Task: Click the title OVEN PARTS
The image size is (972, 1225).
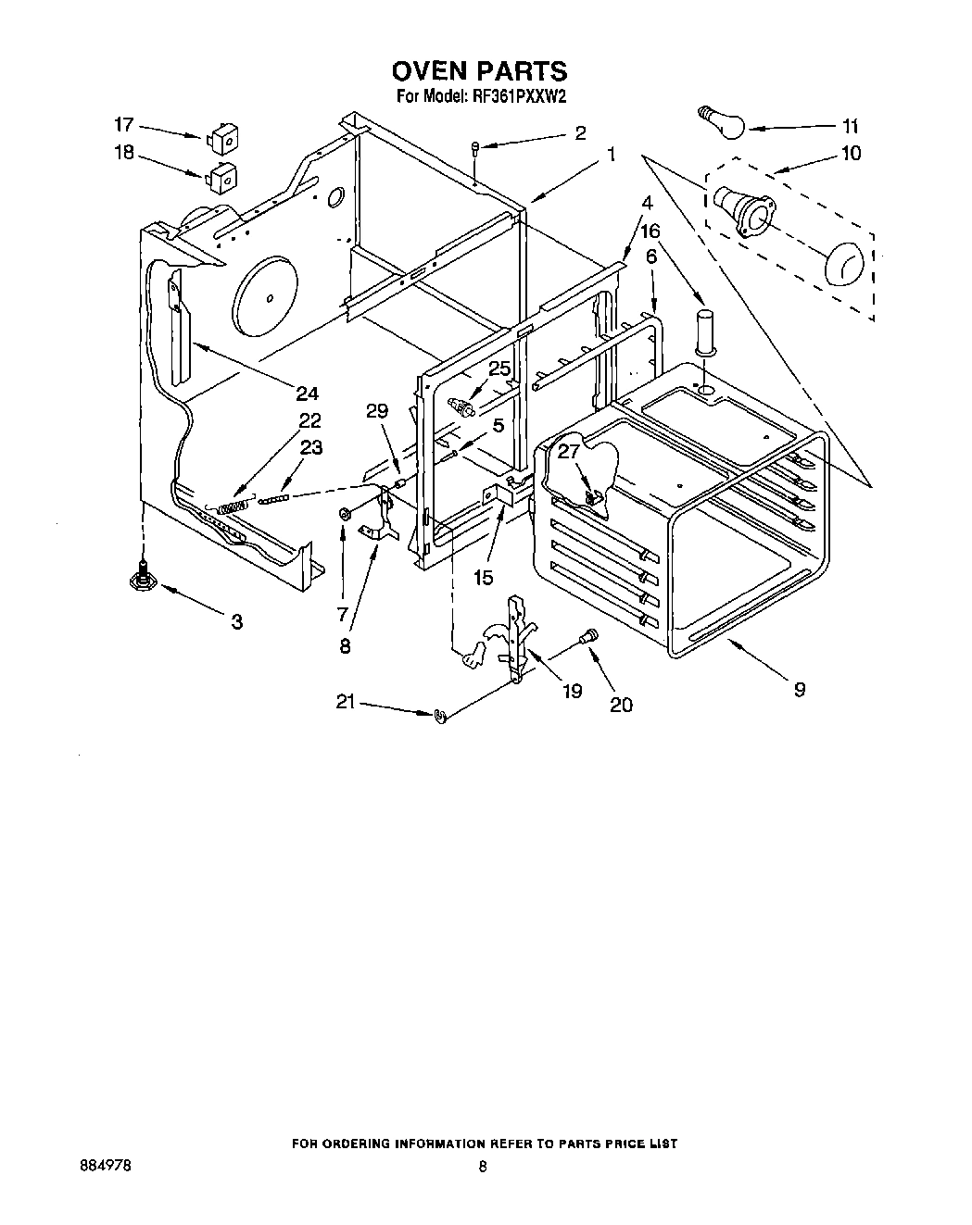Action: pos(479,71)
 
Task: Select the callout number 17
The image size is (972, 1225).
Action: pos(123,124)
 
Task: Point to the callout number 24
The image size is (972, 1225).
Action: pos(307,393)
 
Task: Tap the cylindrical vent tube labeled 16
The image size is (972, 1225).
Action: pos(706,331)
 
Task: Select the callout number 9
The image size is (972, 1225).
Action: pos(799,689)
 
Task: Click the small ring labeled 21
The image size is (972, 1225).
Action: pos(440,715)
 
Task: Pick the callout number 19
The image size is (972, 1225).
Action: pos(573,691)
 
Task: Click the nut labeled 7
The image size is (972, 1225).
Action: pos(345,513)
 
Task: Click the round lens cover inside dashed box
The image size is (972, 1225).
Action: pos(842,264)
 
